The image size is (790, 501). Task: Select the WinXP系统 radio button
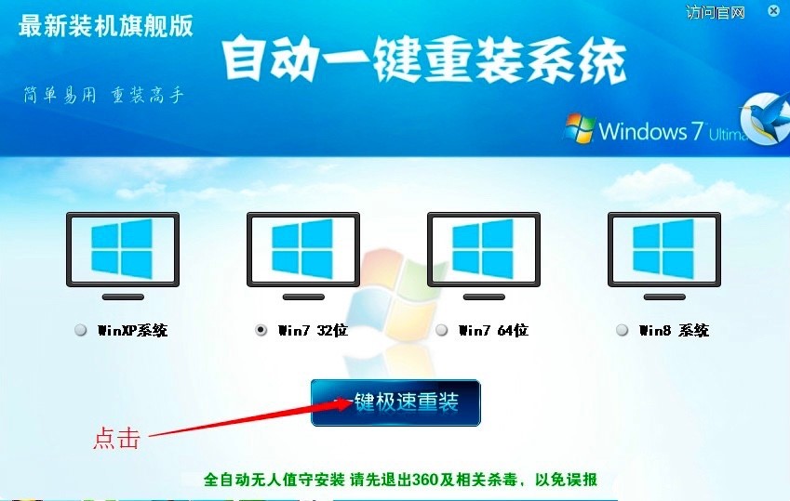click(81, 330)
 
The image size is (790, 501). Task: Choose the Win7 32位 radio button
click(261, 330)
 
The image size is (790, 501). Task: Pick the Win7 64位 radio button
click(442, 330)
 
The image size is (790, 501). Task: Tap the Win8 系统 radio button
click(623, 330)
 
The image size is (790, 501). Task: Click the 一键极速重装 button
click(395, 402)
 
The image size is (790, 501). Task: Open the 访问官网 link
click(715, 12)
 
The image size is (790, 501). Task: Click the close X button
click(774, 10)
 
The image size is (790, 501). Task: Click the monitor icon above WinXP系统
click(123, 256)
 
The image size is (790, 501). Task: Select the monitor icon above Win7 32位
click(303, 256)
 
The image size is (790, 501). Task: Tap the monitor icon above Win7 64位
click(484, 256)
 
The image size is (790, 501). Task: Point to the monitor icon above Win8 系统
click(664, 256)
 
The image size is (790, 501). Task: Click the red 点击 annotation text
click(116, 438)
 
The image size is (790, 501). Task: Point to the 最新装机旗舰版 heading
click(106, 26)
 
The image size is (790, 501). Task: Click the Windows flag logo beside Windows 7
click(579, 128)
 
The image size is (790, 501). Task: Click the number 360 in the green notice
click(426, 480)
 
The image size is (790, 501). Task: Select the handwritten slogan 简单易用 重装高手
click(104, 95)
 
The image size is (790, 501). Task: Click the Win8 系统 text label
click(674, 330)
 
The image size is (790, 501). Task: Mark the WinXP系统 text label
click(132, 330)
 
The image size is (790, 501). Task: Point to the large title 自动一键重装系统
click(424, 60)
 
